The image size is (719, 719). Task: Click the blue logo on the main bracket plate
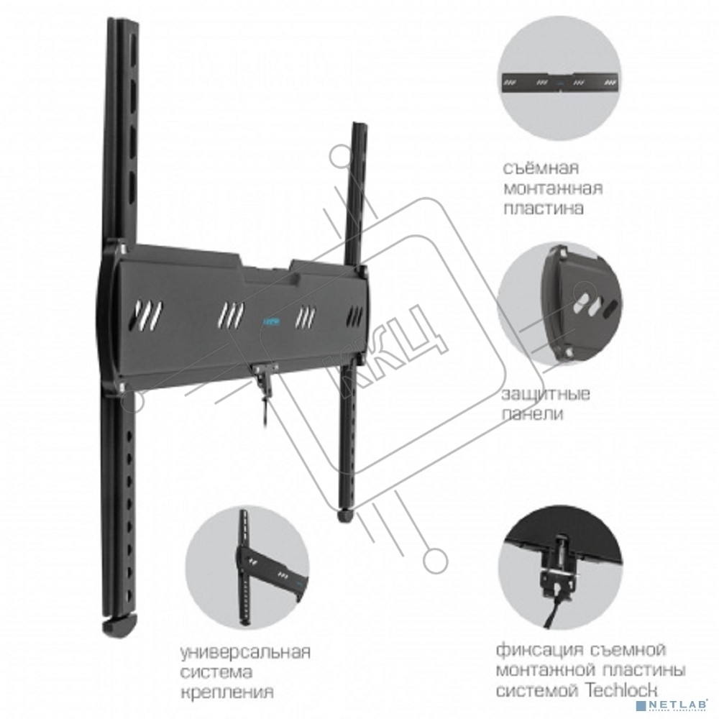[x=274, y=306]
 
